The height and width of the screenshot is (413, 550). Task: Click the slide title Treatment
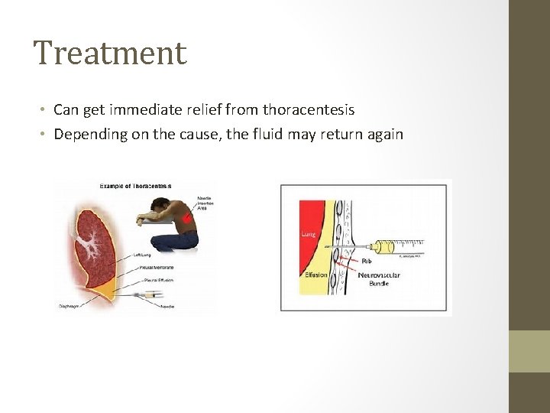(x=110, y=54)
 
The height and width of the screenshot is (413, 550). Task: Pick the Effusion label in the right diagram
(x=315, y=274)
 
